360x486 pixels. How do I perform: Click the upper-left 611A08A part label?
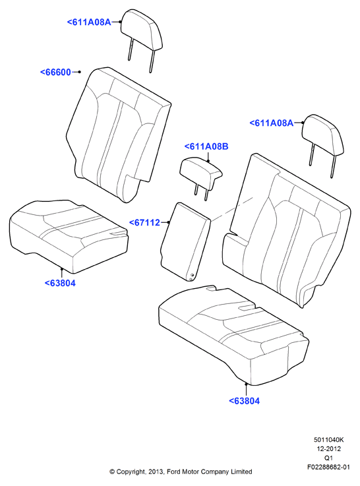(x=89, y=22)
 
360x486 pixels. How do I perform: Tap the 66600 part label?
(x=56, y=73)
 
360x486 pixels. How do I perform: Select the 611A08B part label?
(x=206, y=146)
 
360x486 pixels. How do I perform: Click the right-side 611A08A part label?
(x=272, y=123)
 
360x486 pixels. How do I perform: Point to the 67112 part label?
(x=144, y=222)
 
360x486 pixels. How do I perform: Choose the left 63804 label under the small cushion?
(x=60, y=283)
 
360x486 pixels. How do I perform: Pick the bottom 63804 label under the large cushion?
(x=245, y=401)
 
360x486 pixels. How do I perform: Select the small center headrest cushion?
(x=200, y=172)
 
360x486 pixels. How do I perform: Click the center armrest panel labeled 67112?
(x=185, y=242)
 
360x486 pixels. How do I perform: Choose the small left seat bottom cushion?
(x=69, y=236)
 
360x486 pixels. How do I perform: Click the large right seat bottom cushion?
(x=233, y=335)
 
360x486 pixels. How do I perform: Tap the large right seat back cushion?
(x=287, y=229)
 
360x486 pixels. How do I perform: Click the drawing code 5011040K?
(x=329, y=439)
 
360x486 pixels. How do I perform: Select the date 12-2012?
(x=329, y=448)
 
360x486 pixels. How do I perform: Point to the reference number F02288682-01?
(x=329, y=467)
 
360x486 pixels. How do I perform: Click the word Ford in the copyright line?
(x=175, y=471)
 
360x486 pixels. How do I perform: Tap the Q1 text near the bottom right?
(x=329, y=458)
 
